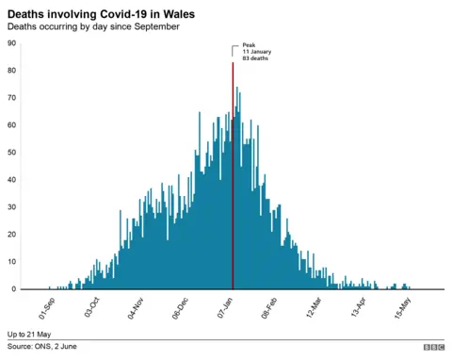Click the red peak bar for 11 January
233,179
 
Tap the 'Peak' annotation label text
250,44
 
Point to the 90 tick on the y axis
11,42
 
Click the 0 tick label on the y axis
13,288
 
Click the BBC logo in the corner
433,348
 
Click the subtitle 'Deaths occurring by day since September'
93,26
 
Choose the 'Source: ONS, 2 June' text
43,348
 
